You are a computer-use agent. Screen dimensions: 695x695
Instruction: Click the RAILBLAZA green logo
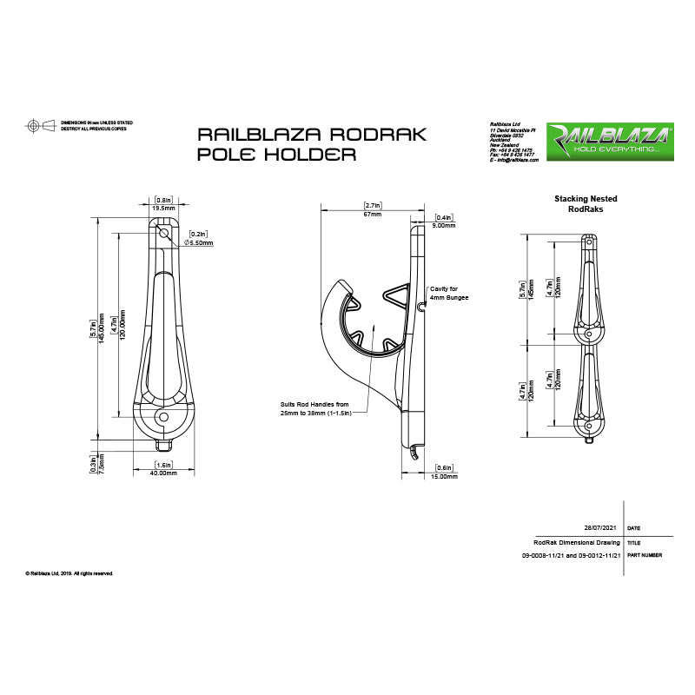point(608,139)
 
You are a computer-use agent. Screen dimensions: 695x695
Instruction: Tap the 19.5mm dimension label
point(163,208)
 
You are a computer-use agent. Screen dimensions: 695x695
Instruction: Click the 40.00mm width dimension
point(163,473)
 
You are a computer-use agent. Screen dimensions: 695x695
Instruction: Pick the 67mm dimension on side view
point(371,214)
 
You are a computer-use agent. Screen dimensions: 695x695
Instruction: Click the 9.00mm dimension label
point(444,225)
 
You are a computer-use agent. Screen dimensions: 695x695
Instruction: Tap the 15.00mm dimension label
point(444,476)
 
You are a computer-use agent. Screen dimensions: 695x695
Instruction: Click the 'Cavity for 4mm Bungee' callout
point(449,293)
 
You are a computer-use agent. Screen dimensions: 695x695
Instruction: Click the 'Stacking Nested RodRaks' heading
point(586,204)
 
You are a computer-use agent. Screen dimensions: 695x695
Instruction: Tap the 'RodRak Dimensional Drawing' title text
point(578,541)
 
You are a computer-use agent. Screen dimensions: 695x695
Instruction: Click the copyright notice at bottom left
point(69,573)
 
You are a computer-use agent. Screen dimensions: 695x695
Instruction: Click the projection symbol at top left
point(41,126)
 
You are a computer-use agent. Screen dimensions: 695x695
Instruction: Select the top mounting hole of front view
point(163,232)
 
